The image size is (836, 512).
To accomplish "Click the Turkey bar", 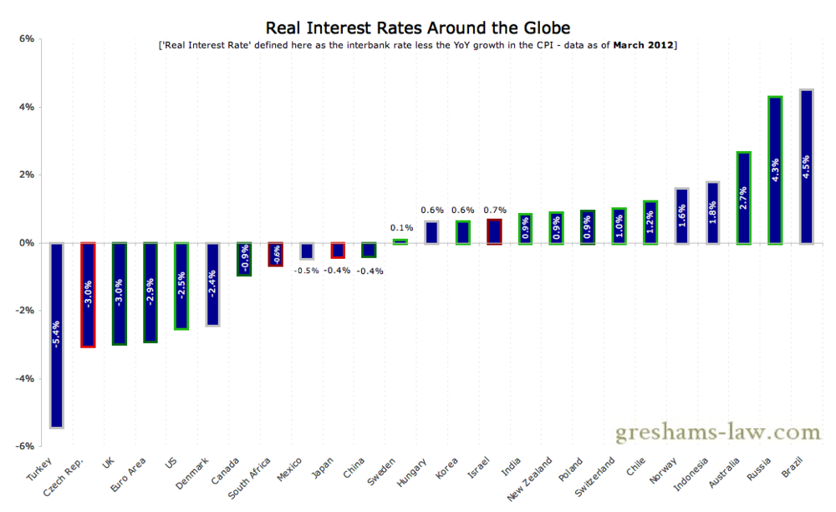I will point(56,334).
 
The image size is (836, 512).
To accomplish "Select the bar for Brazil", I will point(807,166).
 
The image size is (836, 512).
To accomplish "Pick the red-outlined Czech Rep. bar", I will point(88,294).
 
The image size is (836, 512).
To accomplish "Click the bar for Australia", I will point(744,197).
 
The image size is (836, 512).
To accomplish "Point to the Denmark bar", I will point(212,283).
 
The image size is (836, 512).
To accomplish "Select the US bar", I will point(181,285).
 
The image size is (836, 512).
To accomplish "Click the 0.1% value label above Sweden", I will point(400,227).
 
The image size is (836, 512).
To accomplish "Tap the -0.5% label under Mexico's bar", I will point(307,269).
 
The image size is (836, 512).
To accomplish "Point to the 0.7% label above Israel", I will point(494,210).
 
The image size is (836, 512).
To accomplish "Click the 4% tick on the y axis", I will point(27,107).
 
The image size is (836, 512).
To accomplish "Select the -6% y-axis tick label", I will point(25,446).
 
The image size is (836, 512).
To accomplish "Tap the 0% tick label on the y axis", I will point(27,243).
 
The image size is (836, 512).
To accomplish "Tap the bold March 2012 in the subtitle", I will point(644,45).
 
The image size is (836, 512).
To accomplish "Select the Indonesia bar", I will point(713,212).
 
